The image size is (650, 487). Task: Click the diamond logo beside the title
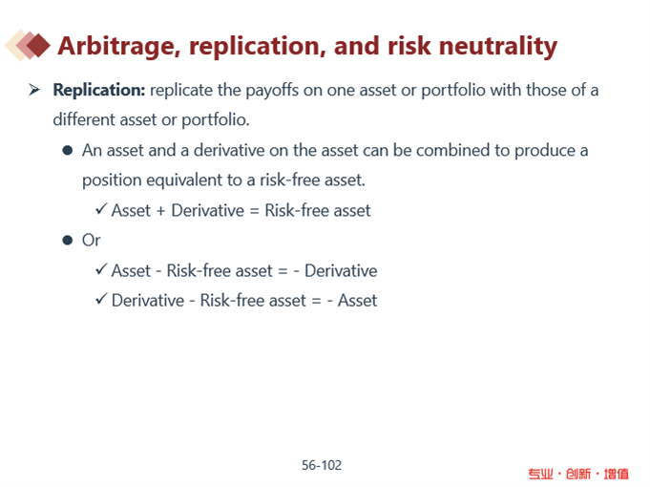coord(28,45)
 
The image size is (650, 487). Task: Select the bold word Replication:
coord(99,90)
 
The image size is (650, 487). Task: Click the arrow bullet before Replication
coord(34,89)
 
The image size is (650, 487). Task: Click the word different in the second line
coord(84,119)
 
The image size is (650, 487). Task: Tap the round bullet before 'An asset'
coord(68,150)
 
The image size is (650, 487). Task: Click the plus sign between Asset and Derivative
coord(161,211)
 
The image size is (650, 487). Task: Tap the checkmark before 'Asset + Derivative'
coord(101,208)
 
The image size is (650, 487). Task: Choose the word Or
coord(92,241)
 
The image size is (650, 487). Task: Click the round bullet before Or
coord(68,241)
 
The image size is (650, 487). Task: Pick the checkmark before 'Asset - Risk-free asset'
coord(101,268)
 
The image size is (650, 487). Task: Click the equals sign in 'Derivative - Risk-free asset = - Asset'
coord(316,301)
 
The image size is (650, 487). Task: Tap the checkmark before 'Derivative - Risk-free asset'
coord(101,299)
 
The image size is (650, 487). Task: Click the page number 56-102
coord(322,465)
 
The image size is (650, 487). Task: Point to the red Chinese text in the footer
coord(578,474)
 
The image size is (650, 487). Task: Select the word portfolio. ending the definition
coord(216,120)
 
